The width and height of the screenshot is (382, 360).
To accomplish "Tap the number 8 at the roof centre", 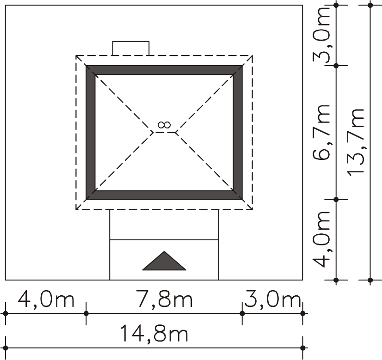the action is coord(164,125).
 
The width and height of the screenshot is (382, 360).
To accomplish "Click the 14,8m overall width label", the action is coord(154,334).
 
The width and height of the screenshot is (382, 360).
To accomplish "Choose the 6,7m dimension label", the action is coord(321,133).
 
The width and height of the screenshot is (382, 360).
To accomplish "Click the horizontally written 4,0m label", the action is coord(46,299).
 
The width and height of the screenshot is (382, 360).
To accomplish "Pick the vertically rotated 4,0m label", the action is coord(321,239).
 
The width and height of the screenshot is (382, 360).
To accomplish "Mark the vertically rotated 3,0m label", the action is coord(321,35).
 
